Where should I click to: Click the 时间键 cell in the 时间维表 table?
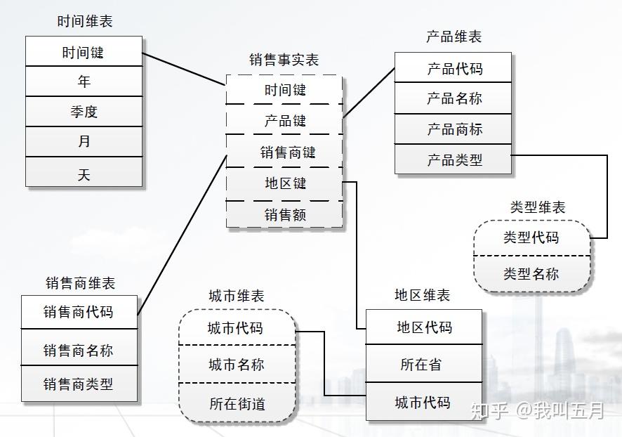84,52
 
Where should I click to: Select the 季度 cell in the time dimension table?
84,112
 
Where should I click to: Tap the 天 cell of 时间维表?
84,174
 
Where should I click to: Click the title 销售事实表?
284,60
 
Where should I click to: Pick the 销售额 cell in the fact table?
285,215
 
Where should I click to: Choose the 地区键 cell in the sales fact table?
285,184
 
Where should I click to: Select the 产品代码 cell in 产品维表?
454,69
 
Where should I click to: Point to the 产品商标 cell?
454,129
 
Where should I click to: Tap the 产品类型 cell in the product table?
454,160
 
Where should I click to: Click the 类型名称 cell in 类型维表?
531,273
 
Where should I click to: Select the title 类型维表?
537,207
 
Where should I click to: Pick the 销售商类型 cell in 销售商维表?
78,384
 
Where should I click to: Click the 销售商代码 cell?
78,312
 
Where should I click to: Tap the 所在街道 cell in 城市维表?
237,404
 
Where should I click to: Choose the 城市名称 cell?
237,365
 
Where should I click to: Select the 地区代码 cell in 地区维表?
424,327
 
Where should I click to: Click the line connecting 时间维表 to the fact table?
184,69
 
